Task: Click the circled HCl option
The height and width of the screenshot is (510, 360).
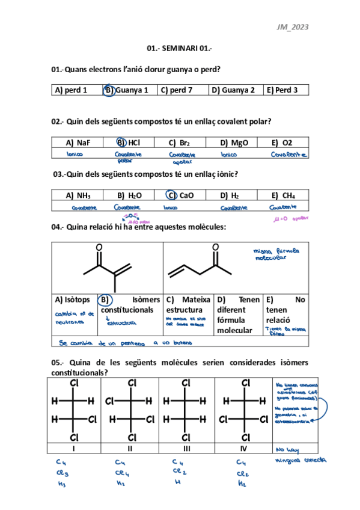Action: [x=129, y=143]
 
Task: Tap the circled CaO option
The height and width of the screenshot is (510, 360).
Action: [x=180, y=195]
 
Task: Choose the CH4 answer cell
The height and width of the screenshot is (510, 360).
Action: [x=283, y=195]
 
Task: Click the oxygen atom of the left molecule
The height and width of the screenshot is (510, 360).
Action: [x=99, y=248]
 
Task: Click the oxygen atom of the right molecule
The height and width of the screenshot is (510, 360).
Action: [x=215, y=248]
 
